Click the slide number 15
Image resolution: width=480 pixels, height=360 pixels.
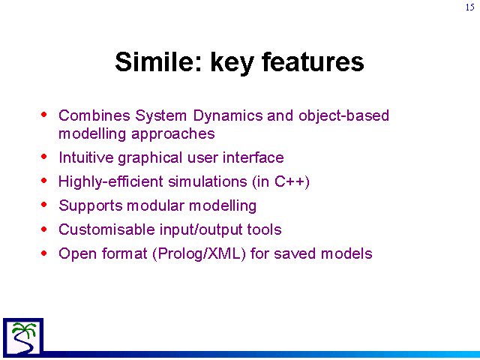click(x=470, y=7)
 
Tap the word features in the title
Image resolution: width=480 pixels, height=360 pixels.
click(x=313, y=61)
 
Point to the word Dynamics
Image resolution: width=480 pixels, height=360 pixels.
click(x=228, y=116)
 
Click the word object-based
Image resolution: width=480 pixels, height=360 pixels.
click(x=343, y=116)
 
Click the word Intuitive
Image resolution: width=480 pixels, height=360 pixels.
click(x=86, y=157)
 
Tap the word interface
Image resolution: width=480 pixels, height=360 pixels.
click(x=253, y=157)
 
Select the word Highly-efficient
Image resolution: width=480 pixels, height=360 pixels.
click(x=111, y=181)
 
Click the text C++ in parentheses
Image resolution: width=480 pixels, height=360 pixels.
click(x=292, y=181)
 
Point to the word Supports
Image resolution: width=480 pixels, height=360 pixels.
click(x=91, y=205)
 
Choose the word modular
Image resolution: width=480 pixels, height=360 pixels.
click(x=155, y=205)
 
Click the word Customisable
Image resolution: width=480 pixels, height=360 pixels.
click(x=106, y=229)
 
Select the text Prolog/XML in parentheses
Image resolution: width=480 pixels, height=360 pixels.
click(x=199, y=253)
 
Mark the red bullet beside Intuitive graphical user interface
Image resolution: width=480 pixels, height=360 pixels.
click(x=44, y=157)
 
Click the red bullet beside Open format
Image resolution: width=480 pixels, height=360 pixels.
click(x=44, y=253)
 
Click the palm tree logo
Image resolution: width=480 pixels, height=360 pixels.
click(x=23, y=337)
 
